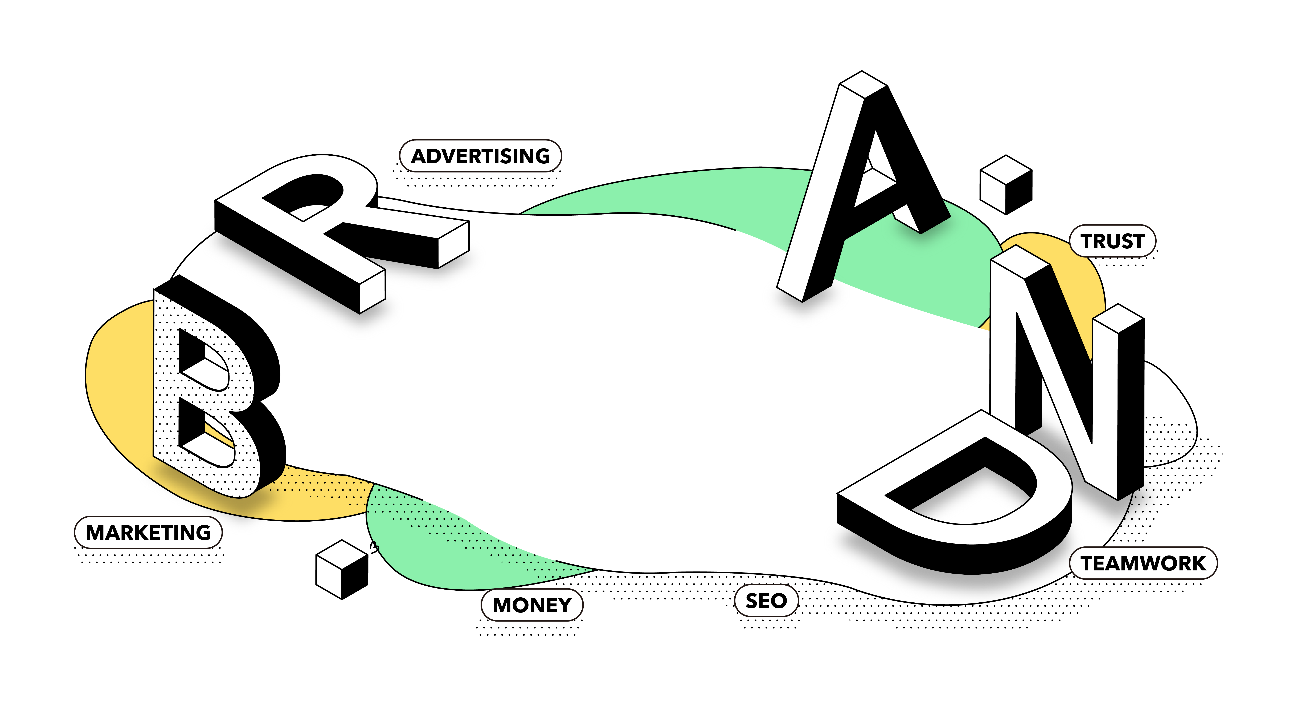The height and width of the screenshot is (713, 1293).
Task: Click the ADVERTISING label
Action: point(480,156)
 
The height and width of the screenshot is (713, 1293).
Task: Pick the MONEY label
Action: point(531,605)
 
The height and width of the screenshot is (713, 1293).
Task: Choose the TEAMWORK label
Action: point(1143,563)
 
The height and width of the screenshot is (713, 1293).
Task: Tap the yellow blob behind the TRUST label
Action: point(1079,281)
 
